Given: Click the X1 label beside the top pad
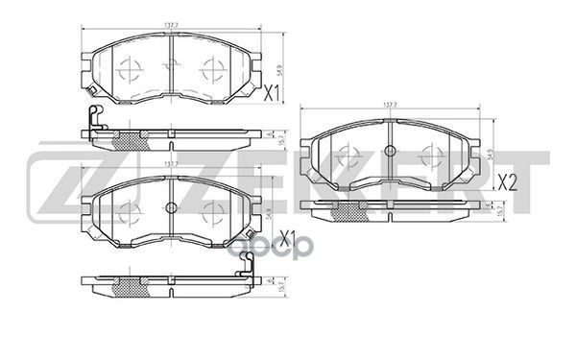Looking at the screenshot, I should (x=271, y=94).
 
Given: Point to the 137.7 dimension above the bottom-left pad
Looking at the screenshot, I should (x=172, y=164).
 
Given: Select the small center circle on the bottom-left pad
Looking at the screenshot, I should (x=171, y=207).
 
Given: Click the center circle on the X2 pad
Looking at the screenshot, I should (x=390, y=150).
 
